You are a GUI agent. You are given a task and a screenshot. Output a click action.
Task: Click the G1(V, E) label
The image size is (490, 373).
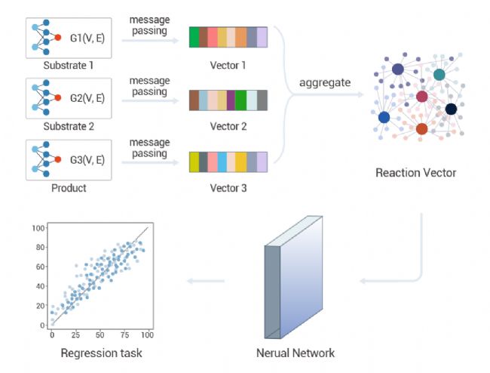(87, 38)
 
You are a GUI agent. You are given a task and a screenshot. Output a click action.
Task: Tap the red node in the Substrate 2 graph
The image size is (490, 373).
(58, 97)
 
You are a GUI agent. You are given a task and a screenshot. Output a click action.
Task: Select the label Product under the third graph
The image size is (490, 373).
(69, 188)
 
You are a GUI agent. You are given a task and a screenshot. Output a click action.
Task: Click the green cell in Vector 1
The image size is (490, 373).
(194, 37)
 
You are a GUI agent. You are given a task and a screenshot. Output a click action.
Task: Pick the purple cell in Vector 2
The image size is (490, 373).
(231, 100)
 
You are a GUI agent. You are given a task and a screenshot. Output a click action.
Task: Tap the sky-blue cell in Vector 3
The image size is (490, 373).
(222, 162)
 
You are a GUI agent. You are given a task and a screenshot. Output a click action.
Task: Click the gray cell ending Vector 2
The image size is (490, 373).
(262, 100)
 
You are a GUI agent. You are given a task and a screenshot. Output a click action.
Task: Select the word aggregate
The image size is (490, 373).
(325, 83)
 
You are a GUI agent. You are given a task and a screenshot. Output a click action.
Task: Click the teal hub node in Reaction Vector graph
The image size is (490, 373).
(439, 75)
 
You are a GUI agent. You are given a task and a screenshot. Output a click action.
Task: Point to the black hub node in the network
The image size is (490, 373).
(451, 109)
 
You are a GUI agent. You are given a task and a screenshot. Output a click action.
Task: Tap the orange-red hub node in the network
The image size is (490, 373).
(422, 128)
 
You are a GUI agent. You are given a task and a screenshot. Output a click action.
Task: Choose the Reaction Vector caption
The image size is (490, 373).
(415, 173)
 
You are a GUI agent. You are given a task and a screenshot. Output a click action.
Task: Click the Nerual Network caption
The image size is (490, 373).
(296, 353)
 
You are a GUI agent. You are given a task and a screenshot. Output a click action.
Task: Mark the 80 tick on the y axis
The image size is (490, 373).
(40, 247)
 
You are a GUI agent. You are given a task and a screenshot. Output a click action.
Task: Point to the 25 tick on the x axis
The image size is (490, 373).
(75, 335)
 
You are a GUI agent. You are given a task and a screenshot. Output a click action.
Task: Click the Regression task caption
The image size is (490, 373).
(101, 353)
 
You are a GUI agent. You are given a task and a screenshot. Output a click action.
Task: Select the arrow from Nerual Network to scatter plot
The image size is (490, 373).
(206, 281)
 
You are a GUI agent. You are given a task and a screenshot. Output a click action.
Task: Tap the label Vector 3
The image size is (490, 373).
(228, 188)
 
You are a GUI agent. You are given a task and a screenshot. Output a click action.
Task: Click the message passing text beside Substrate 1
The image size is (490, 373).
(149, 25)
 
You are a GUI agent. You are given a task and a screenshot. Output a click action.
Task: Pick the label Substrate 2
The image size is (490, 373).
(69, 126)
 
